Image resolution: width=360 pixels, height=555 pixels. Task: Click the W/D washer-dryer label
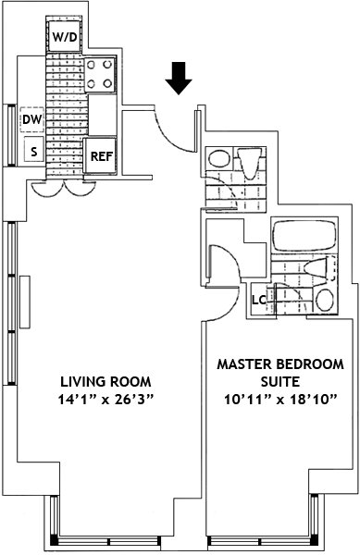[x=65, y=37]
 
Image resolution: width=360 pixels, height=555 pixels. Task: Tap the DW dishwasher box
[x=31, y=119]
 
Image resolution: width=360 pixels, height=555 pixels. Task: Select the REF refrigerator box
[x=100, y=156]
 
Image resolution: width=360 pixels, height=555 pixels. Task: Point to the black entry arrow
[x=179, y=79]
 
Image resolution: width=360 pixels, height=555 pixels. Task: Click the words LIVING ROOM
[x=106, y=382]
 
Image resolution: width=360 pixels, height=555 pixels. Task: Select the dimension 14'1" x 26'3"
[x=106, y=400]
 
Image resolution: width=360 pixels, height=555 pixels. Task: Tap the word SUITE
[x=280, y=382]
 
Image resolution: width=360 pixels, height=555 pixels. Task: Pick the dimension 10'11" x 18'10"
[x=279, y=400]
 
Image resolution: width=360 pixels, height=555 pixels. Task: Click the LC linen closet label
[x=259, y=300]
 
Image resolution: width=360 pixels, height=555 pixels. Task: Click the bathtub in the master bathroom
[x=304, y=236]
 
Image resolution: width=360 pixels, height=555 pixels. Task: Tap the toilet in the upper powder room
[x=250, y=163]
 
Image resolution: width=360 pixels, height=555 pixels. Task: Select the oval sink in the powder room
[x=219, y=158]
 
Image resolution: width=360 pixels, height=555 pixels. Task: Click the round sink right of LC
[x=325, y=300]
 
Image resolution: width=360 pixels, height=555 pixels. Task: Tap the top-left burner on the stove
[x=92, y=65]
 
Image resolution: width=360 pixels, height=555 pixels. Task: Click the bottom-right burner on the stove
[x=107, y=83]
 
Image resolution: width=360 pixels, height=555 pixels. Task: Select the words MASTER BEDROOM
[x=280, y=364]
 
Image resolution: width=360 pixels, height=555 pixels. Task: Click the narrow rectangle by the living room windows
[x=24, y=302]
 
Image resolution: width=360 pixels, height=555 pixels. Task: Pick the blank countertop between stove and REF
[x=102, y=115]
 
